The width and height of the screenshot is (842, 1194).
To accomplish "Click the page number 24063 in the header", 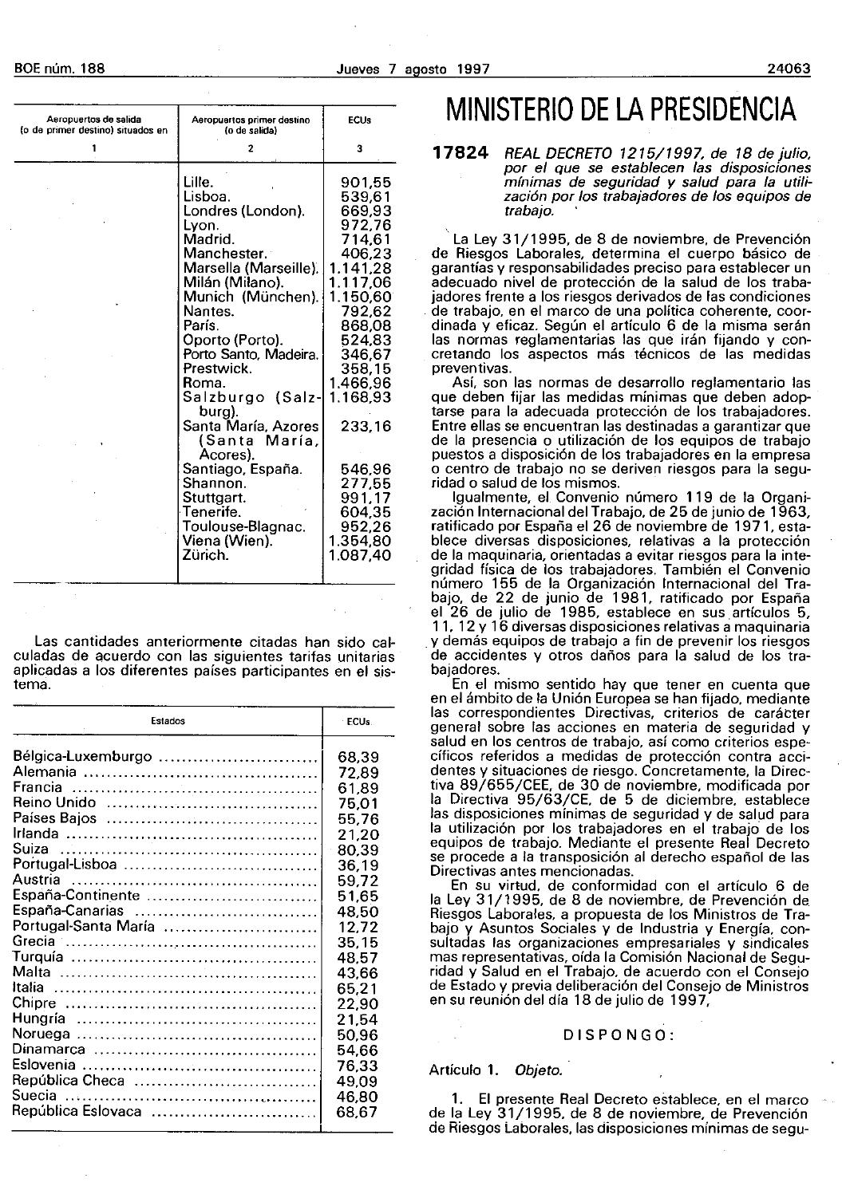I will point(788,69).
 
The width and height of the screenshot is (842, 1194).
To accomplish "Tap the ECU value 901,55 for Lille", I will point(366,182).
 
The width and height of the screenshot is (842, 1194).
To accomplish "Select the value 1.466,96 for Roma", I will point(359,383).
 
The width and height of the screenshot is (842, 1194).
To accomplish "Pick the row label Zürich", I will point(206,555).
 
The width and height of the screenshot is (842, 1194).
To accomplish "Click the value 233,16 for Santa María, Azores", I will point(366,427).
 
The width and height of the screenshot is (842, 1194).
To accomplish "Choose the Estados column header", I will point(168,721).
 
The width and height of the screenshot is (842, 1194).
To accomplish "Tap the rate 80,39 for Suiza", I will point(358,849).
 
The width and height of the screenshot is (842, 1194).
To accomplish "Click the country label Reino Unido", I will point(54,802).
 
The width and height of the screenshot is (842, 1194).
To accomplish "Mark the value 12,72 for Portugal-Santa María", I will point(358,926).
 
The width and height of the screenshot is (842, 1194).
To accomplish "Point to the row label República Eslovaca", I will point(77,1111).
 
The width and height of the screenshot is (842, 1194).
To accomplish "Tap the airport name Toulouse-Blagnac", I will point(244,526).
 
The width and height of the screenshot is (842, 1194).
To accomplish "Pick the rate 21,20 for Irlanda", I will point(358,833).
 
